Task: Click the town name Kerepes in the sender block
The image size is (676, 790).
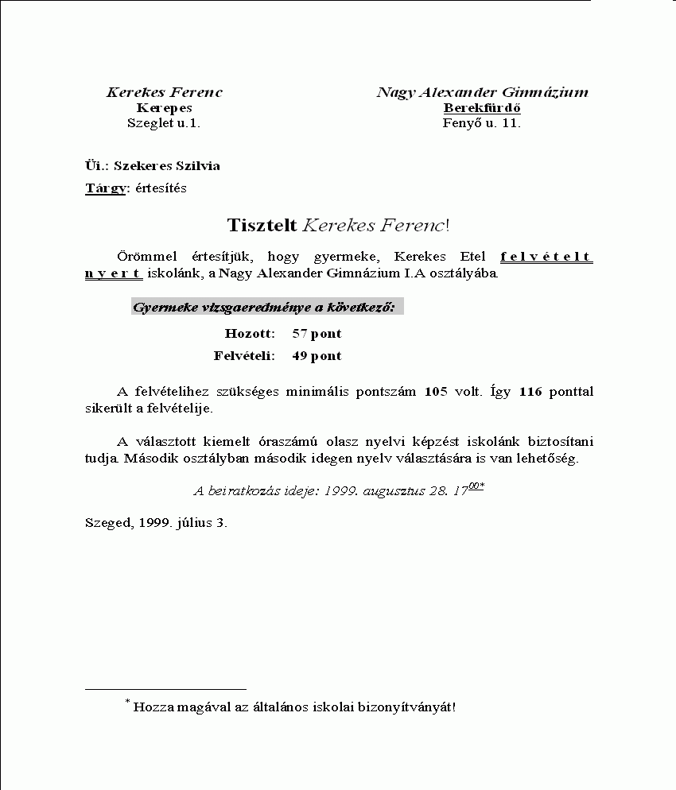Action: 165,108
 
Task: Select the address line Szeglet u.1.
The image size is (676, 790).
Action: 164,123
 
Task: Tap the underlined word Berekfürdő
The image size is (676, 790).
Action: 482,108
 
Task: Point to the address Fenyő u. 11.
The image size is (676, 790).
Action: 482,123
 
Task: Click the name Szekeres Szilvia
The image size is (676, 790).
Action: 167,166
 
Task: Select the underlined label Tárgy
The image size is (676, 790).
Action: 105,188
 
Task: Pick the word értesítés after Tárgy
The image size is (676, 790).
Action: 159,188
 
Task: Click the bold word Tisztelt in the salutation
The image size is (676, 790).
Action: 262,225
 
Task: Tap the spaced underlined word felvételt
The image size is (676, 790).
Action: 546,257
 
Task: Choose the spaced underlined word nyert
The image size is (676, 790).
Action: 114,274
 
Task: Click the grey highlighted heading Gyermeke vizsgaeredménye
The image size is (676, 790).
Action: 267,307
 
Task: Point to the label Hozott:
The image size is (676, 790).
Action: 250,334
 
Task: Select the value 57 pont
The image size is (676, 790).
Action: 317,334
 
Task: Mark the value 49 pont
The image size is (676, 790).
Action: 317,356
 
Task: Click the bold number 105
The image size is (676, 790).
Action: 437,392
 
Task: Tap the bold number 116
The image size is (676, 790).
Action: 530,392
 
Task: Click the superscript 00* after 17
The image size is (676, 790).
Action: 476,487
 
